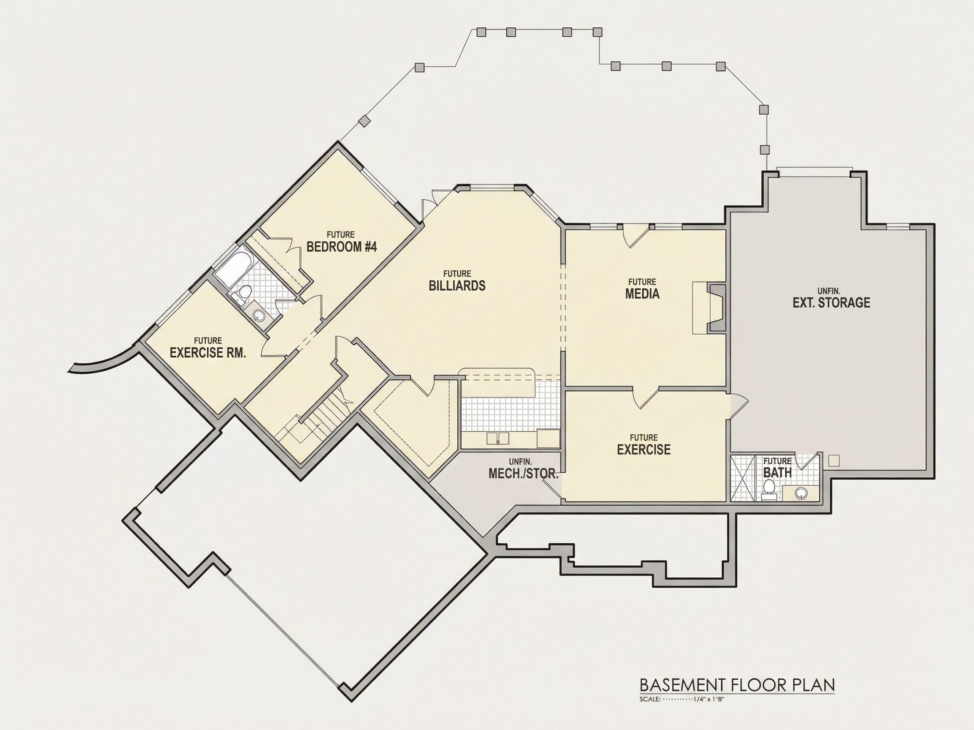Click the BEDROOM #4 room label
coord(342,246)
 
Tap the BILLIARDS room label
coord(457,286)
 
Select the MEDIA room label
coord(643,294)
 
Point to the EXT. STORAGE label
coord(832,303)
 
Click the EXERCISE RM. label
coord(208,352)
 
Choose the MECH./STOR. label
coord(523,474)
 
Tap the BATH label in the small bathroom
coord(777,473)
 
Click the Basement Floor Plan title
coord(737,685)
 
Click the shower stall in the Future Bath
coord(742,478)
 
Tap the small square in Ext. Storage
coord(834,460)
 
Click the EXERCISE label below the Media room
coord(644,449)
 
